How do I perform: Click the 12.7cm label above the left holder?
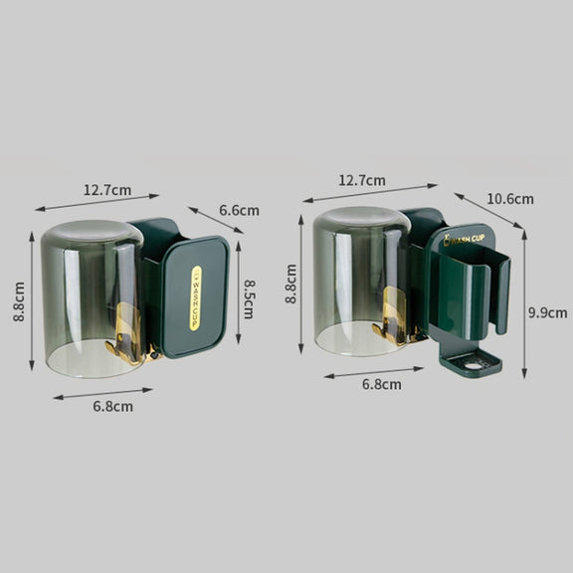pyautogui.click(x=107, y=190)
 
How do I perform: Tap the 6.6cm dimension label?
pyautogui.click(x=239, y=211)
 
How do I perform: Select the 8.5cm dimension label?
pyautogui.click(x=250, y=299)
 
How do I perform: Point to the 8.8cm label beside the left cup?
pyautogui.click(x=19, y=301)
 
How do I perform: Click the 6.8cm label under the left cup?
pyautogui.click(x=113, y=406)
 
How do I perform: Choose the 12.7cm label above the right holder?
pyautogui.click(x=362, y=180)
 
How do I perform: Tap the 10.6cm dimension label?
pyautogui.click(x=510, y=199)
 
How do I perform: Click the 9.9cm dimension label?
pyautogui.click(x=548, y=312)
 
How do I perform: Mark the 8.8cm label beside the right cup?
pyautogui.click(x=290, y=284)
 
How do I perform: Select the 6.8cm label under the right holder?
pyautogui.click(x=382, y=384)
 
